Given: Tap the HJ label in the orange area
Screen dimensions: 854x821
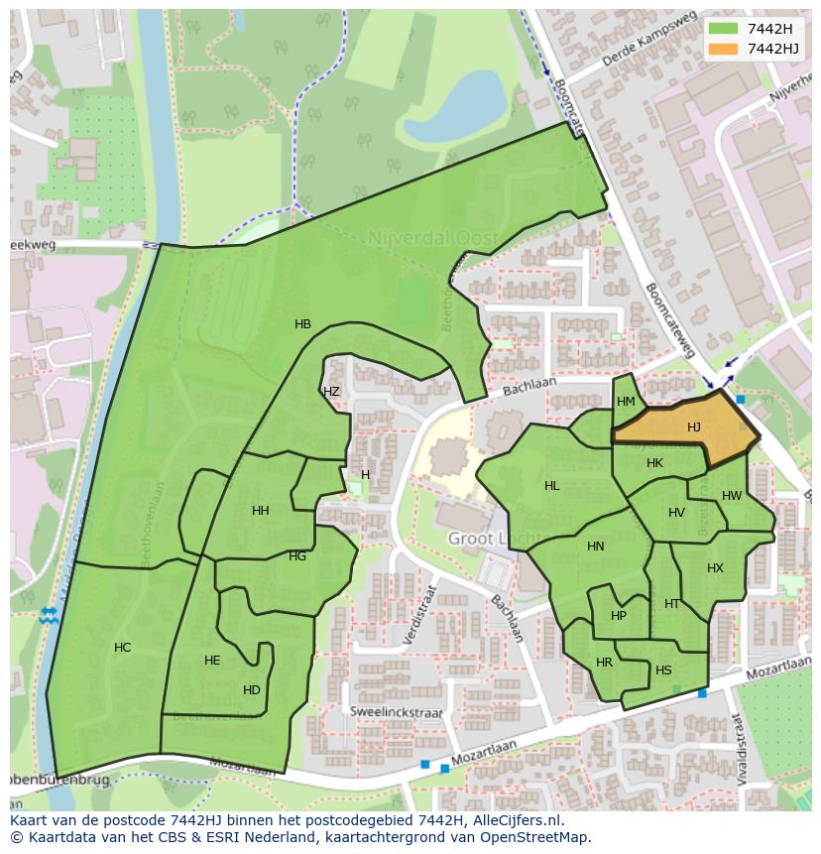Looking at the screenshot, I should pyautogui.click(x=694, y=427).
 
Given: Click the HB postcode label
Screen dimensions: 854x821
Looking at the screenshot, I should pyautogui.click(x=302, y=324).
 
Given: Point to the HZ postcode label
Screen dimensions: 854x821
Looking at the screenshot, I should pyautogui.click(x=331, y=392).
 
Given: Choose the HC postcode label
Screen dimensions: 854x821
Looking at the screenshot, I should pyautogui.click(x=122, y=648).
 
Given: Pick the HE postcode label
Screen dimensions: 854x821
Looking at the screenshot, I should pyautogui.click(x=212, y=661).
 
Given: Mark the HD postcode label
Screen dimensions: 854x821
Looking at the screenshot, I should pyautogui.click(x=252, y=690).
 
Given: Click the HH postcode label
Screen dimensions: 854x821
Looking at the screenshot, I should pyautogui.click(x=261, y=511).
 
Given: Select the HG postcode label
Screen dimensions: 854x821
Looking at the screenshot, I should pyautogui.click(x=297, y=556).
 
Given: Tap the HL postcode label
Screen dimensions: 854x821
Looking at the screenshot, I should pyautogui.click(x=552, y=486).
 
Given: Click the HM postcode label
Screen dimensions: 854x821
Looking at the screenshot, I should pyautogui.click(x=626, y=402).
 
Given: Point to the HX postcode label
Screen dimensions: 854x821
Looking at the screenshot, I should pyautogui.click(x=715, y=568).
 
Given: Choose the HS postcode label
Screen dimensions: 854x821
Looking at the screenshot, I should pyautogui.click(x=663, y=671).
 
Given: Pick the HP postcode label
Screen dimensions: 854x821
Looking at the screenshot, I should pyautogui.click(x=619, y=615).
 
